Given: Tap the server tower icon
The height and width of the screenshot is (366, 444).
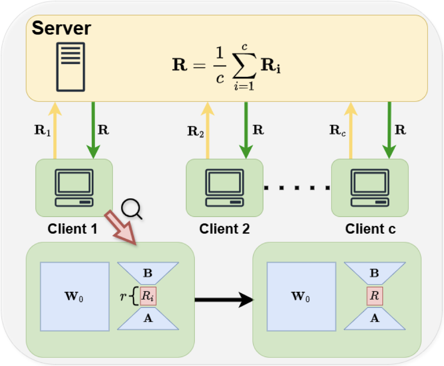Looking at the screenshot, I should coord(69,67).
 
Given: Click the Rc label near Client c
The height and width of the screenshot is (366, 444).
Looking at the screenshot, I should coord(337,130).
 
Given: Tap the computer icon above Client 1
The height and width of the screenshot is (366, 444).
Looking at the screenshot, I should coord(74,188).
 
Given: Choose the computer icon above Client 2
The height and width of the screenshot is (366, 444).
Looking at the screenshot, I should coord(225,188).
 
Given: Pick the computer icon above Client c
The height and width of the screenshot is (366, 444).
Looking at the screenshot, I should coord(370,188).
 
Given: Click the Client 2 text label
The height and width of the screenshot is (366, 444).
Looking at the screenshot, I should coord(225,229).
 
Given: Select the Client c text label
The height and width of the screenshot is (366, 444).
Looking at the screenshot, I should coord(370,229).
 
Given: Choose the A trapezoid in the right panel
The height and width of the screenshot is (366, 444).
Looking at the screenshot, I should coord(375,319).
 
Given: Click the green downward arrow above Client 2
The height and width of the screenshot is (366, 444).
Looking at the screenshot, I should coord(246,129).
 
